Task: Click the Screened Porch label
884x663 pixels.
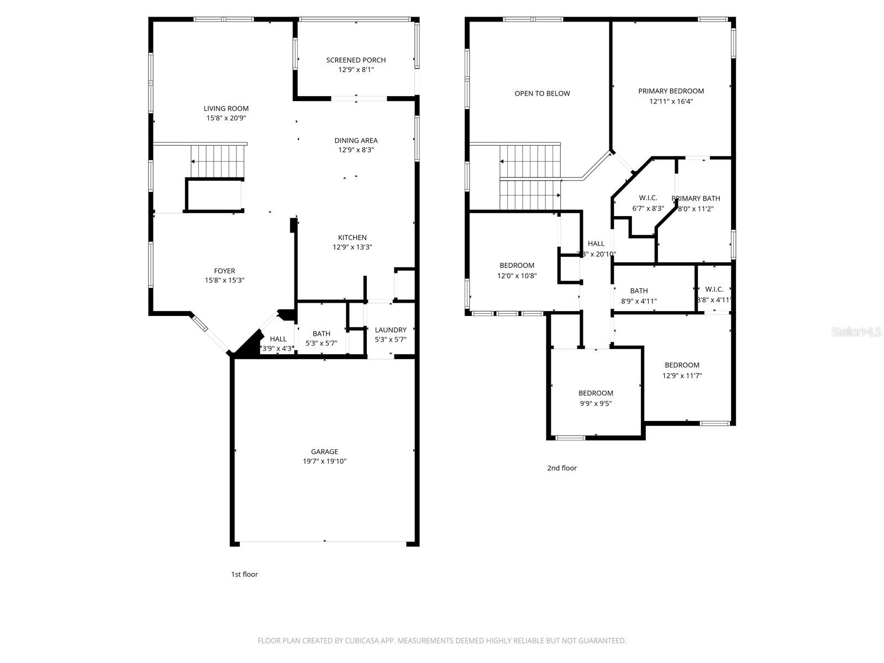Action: coord(356,60)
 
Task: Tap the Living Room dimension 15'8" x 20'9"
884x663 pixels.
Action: coord(227,118)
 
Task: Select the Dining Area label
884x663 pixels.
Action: coord(356,140)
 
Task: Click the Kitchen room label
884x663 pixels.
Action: coord(352,238)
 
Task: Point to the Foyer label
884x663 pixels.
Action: coord(224,271)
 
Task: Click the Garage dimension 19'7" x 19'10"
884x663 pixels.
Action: coord(324,461)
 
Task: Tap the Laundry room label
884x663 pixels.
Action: coord(391,330)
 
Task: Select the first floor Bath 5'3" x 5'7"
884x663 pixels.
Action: coord(321,338)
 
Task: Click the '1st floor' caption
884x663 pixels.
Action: coord(244,574)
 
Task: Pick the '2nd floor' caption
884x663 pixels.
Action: coord(562,468)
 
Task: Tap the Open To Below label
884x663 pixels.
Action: coord(542,93)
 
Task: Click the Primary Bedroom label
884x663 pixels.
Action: coord(671,91)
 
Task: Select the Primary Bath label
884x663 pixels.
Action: coord(696,198)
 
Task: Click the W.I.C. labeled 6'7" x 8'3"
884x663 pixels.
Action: coord(648,203)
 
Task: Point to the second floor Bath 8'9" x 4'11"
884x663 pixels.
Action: coord(639,296)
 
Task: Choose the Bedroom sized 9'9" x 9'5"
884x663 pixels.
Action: coord(596,398)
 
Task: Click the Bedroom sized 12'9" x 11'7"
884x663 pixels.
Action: coord(682,370)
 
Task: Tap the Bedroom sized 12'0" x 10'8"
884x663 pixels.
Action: coord(517,271)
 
